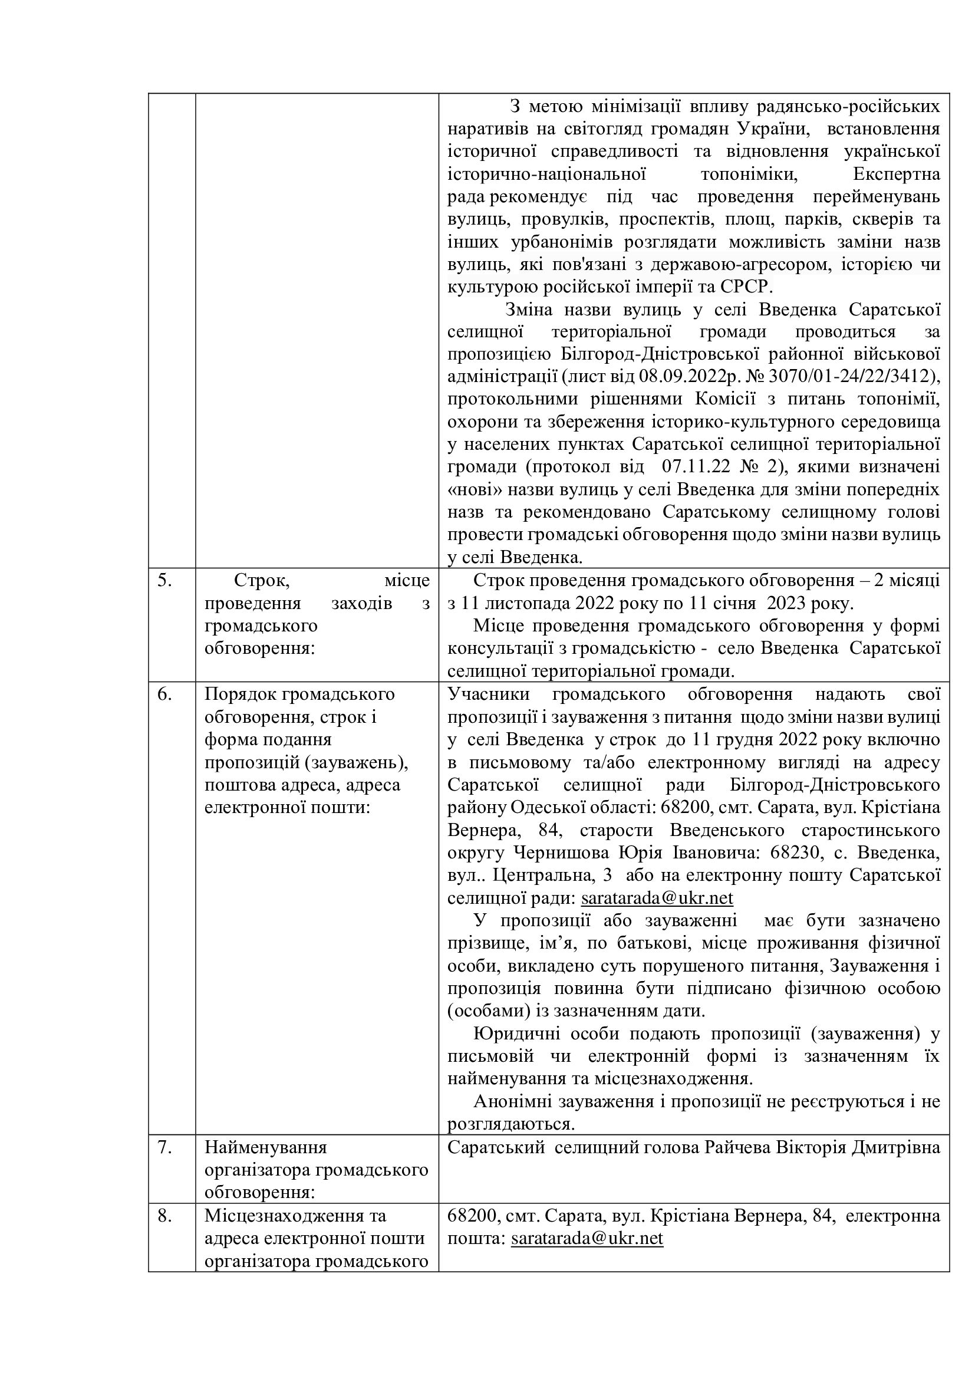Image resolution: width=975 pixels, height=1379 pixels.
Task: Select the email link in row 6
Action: (657, 915)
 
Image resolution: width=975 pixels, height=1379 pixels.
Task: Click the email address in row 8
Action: (587, 1239)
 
